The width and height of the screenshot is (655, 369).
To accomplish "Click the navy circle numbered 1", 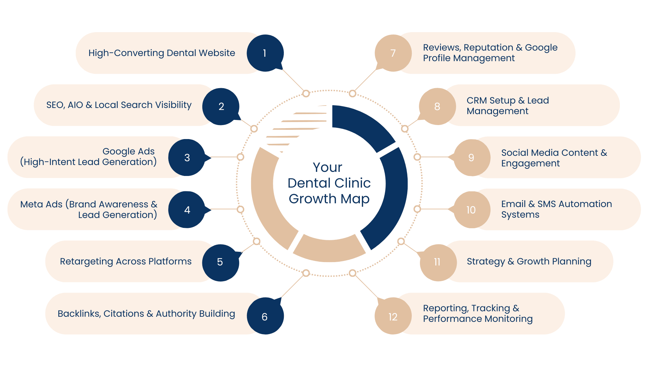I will pos(265,53).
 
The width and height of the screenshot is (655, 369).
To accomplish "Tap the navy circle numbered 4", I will pos(187,209).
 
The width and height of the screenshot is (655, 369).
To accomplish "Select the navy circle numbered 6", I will pos(265,316).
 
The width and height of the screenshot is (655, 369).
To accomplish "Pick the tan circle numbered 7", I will pos(393,53).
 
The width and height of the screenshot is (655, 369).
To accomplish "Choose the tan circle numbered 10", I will pos(471,209).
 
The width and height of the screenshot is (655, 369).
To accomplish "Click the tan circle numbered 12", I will pos(393,316).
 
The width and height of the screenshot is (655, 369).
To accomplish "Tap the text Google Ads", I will pos(128,151).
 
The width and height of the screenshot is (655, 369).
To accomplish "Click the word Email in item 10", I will pos(513,204).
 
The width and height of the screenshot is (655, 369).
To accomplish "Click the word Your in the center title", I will pos(327,167).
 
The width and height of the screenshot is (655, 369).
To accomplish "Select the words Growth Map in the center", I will pos(329,199).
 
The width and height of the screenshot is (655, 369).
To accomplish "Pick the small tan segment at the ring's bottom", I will pos(329,249).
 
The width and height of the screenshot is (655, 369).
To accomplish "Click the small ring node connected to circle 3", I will pos(241,157).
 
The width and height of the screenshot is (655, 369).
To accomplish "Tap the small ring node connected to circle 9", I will pos(417,157).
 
